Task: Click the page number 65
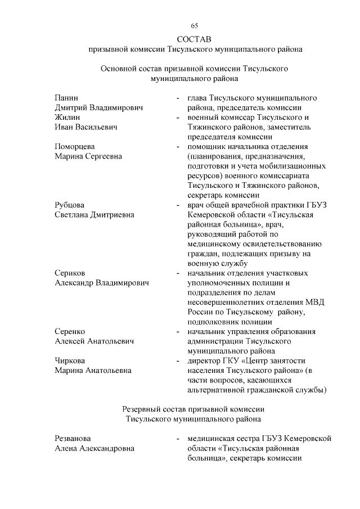[195, 26]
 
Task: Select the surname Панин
[66, 98]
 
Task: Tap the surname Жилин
[67, 118]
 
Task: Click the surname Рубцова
[70, 205]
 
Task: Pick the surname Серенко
[70, 331]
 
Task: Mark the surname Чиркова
[71, 361]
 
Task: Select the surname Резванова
[73, 438]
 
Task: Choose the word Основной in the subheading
[119, 69]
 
